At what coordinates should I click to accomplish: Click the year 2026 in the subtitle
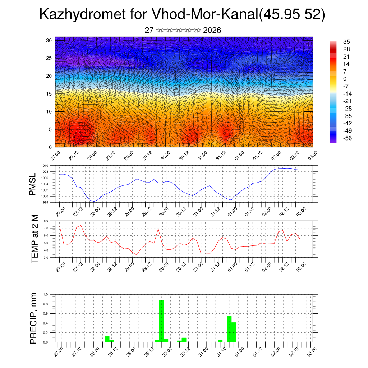click(212, 31)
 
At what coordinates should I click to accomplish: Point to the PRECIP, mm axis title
click(33, 318)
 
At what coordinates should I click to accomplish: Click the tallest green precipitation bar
click(161, 321)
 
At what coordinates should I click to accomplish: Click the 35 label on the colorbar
click(346, 42)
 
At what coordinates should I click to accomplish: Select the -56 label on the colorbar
click(347, 138)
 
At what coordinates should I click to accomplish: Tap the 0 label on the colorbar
click(345, 79)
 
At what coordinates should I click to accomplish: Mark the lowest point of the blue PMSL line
click(94, 201)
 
